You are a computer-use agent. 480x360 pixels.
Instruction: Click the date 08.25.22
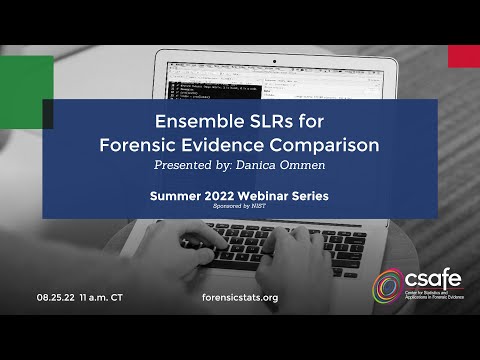pos(56,297)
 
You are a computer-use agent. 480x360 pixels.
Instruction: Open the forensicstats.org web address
pos(240,297)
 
